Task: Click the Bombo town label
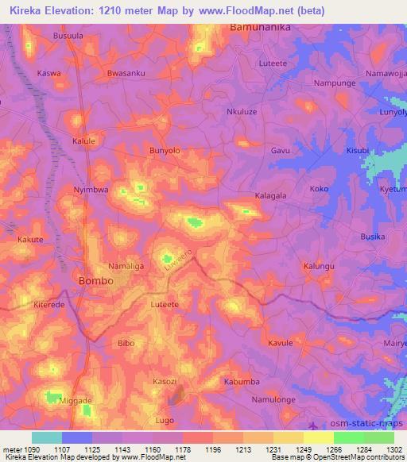click(96, 282)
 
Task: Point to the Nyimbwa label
click(90, 191)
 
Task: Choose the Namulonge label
click(273, 399)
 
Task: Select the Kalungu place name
click(319, 267)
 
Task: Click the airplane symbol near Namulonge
click(320, 425)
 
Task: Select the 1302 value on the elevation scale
click(393, 450)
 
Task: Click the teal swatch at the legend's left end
click(47, 437)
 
